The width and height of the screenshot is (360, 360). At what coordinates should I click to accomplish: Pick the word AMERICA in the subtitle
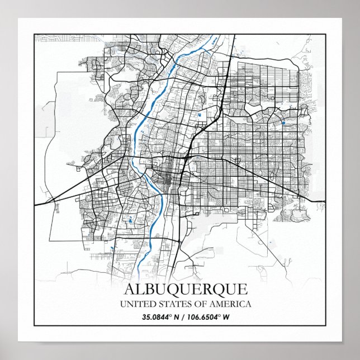click(x=228, y=305)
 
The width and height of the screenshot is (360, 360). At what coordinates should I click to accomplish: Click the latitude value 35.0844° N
click(x=156, y=317)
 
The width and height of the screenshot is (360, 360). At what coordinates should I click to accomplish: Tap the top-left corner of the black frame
click(x=34, y=34)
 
